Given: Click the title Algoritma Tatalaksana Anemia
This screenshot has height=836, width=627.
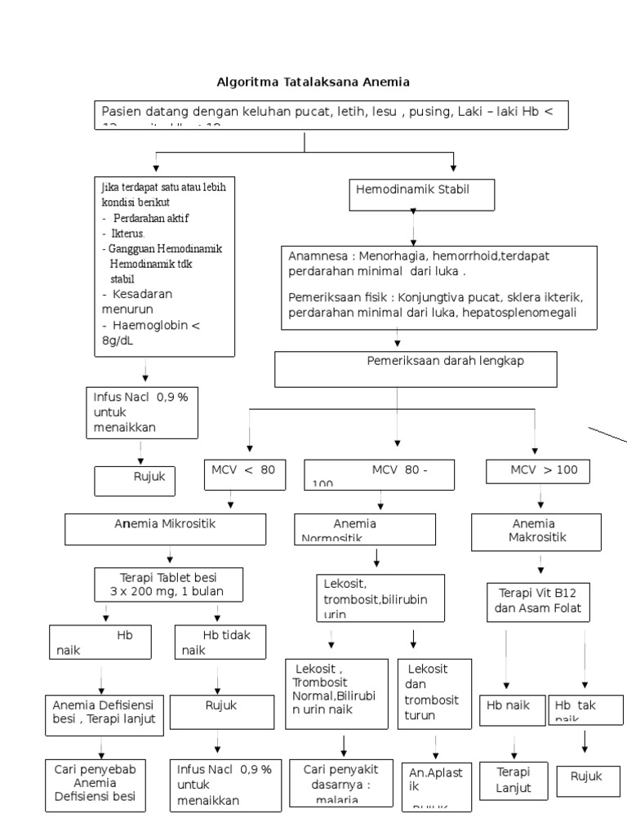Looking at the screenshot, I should pyautogui.click(x=313, y=82).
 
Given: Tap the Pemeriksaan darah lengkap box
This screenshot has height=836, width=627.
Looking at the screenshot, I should pyautogui.click(x=416, y=368).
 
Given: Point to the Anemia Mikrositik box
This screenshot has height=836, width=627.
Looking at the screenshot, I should pyautogui.click(x=165, y=529).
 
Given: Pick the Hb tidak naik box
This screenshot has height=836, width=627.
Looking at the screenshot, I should pyautogui.click(x=220, y=642).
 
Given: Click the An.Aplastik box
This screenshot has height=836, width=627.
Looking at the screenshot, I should pyautogui.click(x=435, y=785).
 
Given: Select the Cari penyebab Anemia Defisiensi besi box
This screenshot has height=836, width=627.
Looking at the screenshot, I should pyautogui.click(x=96, y=785).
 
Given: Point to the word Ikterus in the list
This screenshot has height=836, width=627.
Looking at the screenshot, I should pyautogui.click(x=123, y=233).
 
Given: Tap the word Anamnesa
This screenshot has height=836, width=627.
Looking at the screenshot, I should pyautogui.click(x=314, y=256).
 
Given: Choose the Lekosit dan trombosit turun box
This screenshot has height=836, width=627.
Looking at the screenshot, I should pyautogui.click(x=434, y=692).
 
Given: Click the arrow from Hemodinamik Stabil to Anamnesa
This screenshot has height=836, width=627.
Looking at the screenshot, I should pyautogui.click(x=413, y=229).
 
